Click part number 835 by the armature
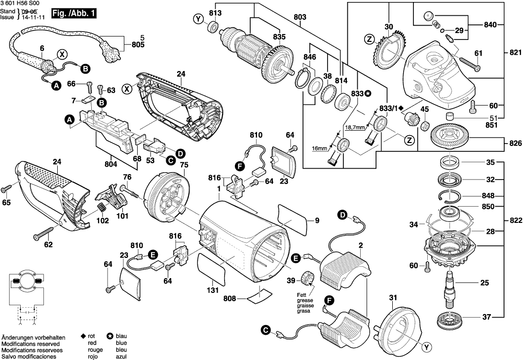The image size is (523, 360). click(279, 36)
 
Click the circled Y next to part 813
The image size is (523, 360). click(198, 19)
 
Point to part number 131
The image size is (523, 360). click(212, 290)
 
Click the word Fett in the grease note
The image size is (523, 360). click(301, 295)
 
